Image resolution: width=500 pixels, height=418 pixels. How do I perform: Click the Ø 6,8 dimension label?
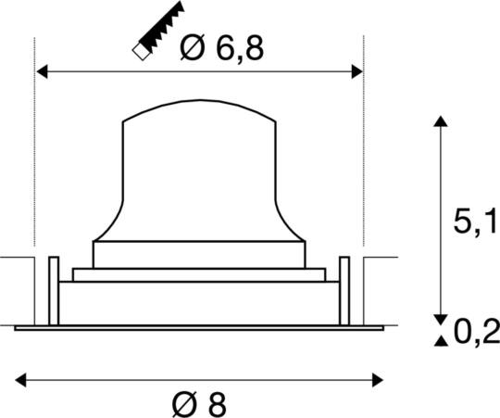click(221, 47)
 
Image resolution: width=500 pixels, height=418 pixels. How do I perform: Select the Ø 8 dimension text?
click(199, 403)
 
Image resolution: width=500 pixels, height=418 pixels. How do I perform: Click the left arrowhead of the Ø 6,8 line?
click(41, 70)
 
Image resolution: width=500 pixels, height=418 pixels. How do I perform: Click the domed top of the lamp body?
click(199, 108)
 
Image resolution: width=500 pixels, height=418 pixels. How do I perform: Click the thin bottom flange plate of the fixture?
click(199, 326)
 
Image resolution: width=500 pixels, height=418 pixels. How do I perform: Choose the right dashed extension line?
click(362, 148)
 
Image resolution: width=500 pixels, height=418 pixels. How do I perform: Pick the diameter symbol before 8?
click(184, 403)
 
